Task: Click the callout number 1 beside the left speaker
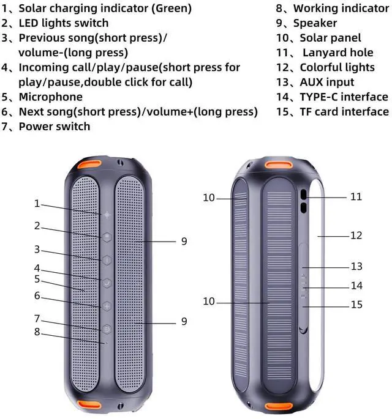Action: [37, 204]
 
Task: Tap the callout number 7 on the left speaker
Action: [37, 319]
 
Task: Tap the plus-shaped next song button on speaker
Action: [108, 306]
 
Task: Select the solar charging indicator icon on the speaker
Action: [108, 215]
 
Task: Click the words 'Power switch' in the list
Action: [55, 127]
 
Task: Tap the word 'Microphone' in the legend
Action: [50, 97]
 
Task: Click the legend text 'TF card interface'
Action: [344, 111]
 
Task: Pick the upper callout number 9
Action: [184, 242]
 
